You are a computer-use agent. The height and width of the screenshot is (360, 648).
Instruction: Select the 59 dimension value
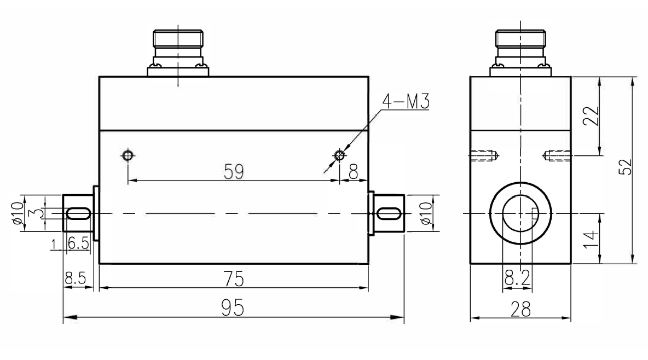point(234,172)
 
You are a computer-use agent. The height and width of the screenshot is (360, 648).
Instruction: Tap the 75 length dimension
point(234,280)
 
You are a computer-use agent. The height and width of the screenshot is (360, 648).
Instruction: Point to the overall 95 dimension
point(233,309)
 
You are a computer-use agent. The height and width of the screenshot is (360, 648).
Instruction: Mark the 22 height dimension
point(590,116)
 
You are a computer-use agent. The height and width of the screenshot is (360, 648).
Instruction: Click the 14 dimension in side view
point(590,239)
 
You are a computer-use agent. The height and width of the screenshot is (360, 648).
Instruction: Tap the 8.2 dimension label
point(516,279)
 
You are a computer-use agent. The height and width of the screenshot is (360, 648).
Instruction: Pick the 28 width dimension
point(520,310)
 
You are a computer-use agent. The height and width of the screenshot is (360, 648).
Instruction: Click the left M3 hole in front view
point(128,155)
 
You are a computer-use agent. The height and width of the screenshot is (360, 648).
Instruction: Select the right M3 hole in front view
point(339,155)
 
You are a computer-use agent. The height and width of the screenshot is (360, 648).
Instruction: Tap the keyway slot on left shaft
point(78,213)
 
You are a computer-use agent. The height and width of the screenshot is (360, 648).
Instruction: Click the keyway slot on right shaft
point(388,213)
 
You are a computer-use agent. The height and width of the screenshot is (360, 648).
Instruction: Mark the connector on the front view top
point(178,52)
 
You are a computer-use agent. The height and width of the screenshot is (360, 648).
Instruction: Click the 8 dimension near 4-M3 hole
point(353,172)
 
